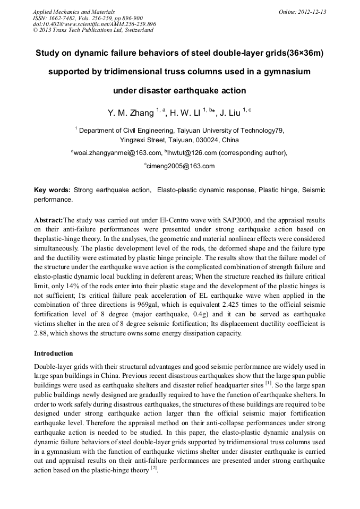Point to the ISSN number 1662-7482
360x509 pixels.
[61, 18]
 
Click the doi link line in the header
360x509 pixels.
[94, 24]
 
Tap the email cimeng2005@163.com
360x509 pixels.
[181, 166]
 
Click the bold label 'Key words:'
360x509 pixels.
[52, 190]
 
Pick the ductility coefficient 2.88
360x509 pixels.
[42, 333]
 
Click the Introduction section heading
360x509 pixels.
[54, 353]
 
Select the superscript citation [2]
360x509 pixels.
[153, 469]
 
